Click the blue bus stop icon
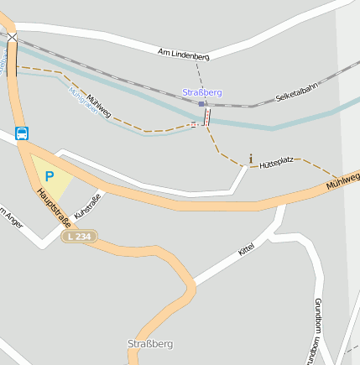[22, 133]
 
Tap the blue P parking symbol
[49, 177]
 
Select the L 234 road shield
[80, 237]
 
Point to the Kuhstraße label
[86, 206]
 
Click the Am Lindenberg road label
[184, 54]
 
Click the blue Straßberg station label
[202, 92]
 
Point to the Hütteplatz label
[276, 161]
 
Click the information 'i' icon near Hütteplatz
[250, 158]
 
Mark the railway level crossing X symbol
[12, 38]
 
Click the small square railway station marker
[201, 105]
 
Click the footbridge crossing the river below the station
[206, 117]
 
